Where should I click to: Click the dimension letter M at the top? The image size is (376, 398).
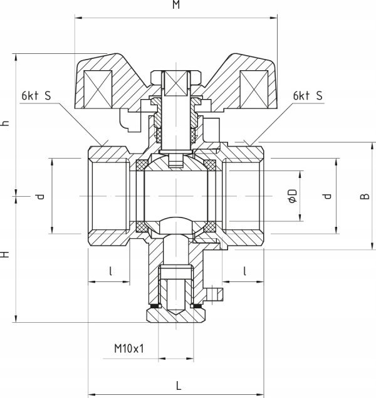point(176,4)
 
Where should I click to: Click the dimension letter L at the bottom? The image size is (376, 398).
point(179,385)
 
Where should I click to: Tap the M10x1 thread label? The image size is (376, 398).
point(129,348)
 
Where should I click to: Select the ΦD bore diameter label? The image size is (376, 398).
point(293,196)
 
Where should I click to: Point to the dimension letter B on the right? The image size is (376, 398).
point(365,196)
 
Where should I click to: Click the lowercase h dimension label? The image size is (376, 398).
point(5,123)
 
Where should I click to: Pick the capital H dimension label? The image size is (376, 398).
point(5,254)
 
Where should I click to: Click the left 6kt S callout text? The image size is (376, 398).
point(36,96)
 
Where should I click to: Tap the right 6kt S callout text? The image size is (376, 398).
point(308,96)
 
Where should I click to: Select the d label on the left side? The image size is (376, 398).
point(39,196)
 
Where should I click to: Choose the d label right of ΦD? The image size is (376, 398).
point(327,196)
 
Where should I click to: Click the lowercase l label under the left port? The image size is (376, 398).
point(111,271)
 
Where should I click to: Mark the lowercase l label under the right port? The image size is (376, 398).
point(244,271)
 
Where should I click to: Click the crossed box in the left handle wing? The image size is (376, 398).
point(98,89)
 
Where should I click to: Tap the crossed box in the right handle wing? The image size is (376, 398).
point(254,89)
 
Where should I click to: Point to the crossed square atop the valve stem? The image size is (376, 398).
point(176,83)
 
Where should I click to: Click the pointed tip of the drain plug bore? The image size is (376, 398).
point(176,315)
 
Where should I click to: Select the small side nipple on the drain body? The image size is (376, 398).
point(215,293)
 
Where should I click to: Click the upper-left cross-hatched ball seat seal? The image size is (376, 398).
point(143,165)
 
